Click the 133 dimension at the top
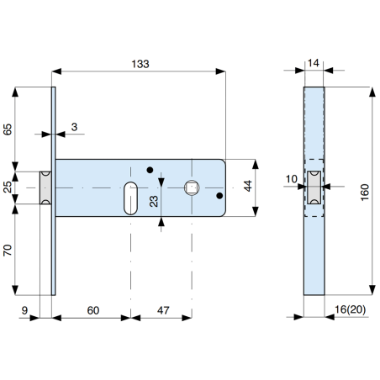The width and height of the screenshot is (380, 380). [x=142, y=64]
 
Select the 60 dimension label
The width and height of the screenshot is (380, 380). [x=92, y=311]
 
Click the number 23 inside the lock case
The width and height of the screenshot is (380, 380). [x=155, y=201]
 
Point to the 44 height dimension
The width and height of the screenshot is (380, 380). [x=249, y=187]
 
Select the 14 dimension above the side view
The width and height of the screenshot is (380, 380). [x=314, y=62]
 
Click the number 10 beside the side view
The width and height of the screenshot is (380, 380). [x=291, y=179]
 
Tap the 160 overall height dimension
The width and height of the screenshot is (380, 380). [x=363, y=192]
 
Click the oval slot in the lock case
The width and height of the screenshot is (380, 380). [x=130, y=196]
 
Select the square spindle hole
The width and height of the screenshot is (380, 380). [x=191, y=187]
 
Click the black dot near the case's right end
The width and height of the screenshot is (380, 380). [x=219, y=197]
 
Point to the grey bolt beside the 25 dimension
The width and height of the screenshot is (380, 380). [x=45, y=187]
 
